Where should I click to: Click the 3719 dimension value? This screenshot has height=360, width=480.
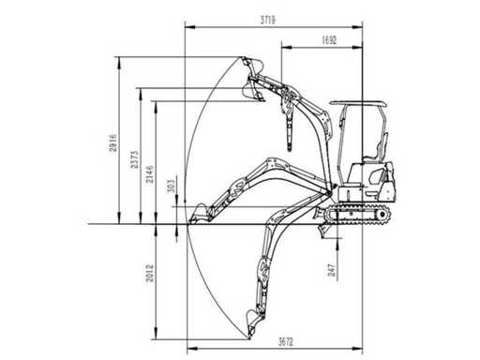click(268, 21)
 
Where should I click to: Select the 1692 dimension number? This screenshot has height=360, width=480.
click(329, 40)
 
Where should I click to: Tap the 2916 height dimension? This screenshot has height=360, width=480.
click(112, 142)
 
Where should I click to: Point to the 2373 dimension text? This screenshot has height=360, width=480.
click(134, 159)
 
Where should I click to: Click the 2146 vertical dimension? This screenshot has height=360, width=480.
click(150, 174)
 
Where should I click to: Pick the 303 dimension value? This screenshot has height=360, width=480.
click(172, 187)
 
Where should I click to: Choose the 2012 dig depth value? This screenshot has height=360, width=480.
click(150, 273)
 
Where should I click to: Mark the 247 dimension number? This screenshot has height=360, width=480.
click(331, 270)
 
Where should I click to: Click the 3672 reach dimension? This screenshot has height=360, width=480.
click(286, 341)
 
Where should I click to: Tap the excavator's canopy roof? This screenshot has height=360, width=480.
click(359, 103)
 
